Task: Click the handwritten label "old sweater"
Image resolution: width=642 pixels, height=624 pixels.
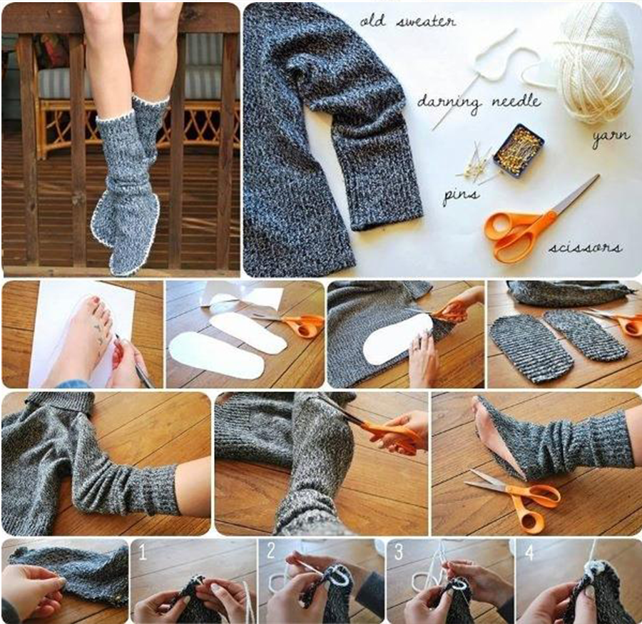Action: [x=408, y=21]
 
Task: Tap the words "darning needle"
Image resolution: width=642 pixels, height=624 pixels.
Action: [x=479, y=103]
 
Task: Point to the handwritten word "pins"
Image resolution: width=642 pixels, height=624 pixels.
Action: [x=461, y=195]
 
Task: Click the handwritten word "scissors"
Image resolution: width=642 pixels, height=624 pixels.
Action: [x=585, y=248]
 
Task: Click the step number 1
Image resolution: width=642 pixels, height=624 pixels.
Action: [x=142, y=552]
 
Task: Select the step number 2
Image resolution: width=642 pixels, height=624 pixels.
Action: [x=270, y=551]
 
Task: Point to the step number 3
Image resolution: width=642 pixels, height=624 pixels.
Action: [x=399, y=552]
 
